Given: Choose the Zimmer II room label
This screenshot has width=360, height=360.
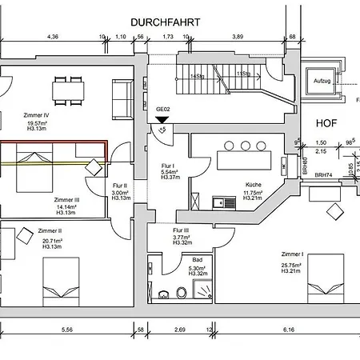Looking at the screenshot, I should point(27,230).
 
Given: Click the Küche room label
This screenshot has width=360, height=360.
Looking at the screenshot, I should point(254,184).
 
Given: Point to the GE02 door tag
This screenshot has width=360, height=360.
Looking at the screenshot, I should point(162,109).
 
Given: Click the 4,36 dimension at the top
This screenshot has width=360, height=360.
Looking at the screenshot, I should point(53,37).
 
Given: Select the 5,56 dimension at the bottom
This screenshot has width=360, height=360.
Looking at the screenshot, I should point(66,329).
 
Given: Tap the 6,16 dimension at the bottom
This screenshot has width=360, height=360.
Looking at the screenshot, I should point(288,329).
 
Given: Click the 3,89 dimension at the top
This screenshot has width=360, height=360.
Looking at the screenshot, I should point(237,37).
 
